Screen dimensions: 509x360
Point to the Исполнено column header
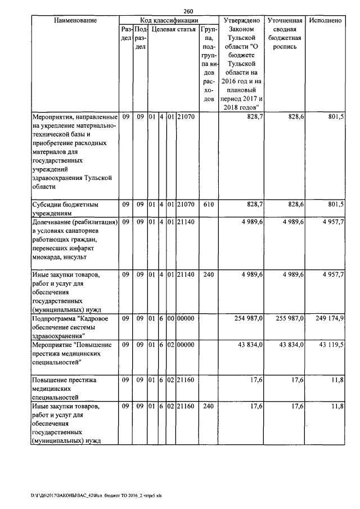coord(325,20)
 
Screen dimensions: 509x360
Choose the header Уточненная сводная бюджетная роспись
coord(286,34)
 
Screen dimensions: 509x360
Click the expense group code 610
coord(209,205)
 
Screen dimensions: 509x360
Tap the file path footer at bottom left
coord(84,496)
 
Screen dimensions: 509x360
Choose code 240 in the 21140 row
coord(209,275)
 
